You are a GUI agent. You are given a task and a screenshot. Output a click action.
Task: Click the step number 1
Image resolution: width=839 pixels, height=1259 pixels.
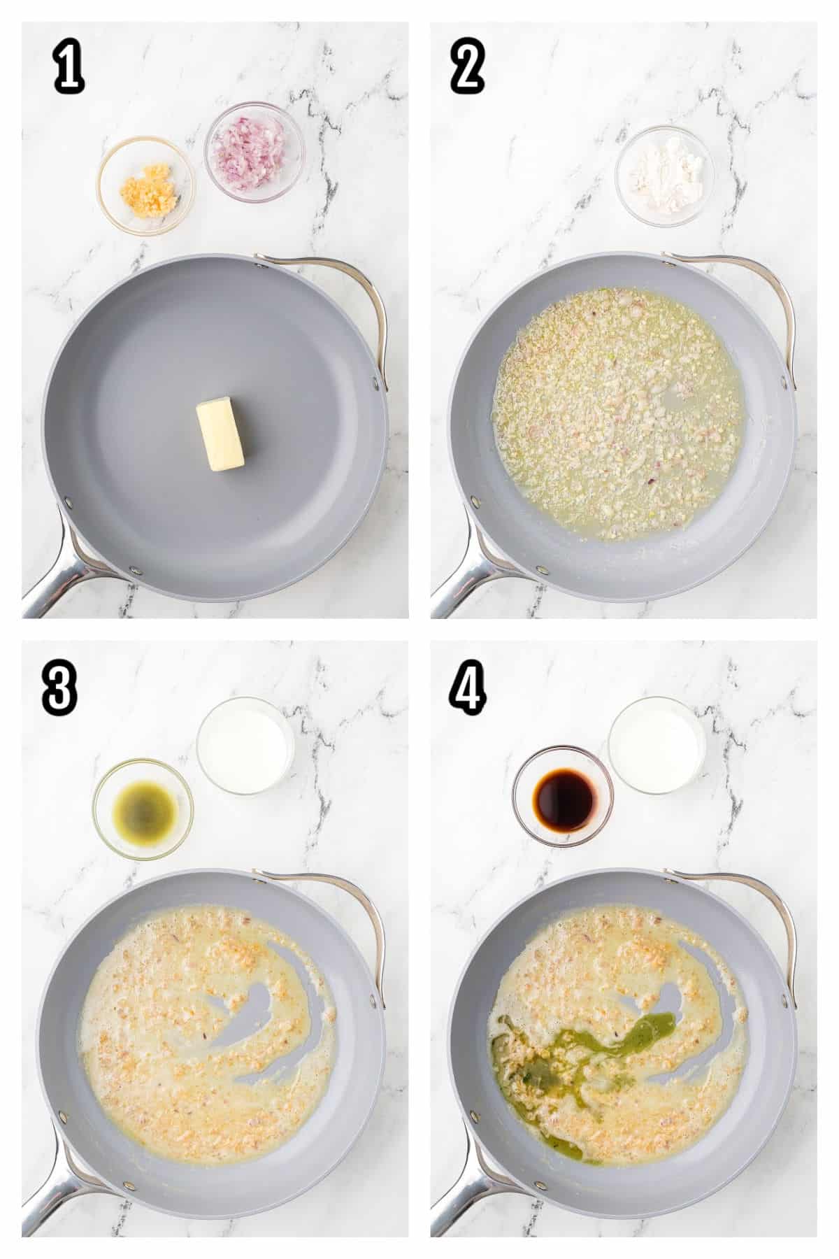69,70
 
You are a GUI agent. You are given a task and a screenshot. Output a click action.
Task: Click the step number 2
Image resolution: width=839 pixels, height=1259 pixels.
467,70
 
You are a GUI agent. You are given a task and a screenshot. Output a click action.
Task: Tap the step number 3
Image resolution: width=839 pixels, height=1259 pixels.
59,689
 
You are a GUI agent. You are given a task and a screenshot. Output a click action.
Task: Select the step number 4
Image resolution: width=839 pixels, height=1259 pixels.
468,689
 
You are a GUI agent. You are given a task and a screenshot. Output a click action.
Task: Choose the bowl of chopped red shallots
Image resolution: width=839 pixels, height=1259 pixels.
255,152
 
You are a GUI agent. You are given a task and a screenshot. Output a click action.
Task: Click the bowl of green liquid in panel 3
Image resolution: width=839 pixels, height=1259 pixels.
143,809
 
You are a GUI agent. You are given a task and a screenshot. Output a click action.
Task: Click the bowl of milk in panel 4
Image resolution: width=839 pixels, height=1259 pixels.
657,745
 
